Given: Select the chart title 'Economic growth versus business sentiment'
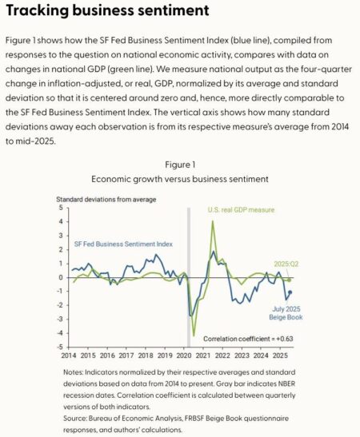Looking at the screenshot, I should tap(179, 180).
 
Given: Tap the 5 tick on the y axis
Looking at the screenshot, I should tap(61, 208).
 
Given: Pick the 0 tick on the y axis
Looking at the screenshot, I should tap(61, 277).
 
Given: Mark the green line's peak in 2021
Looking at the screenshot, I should tap(213, 222).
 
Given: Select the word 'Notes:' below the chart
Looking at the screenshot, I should tap(74, 372).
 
